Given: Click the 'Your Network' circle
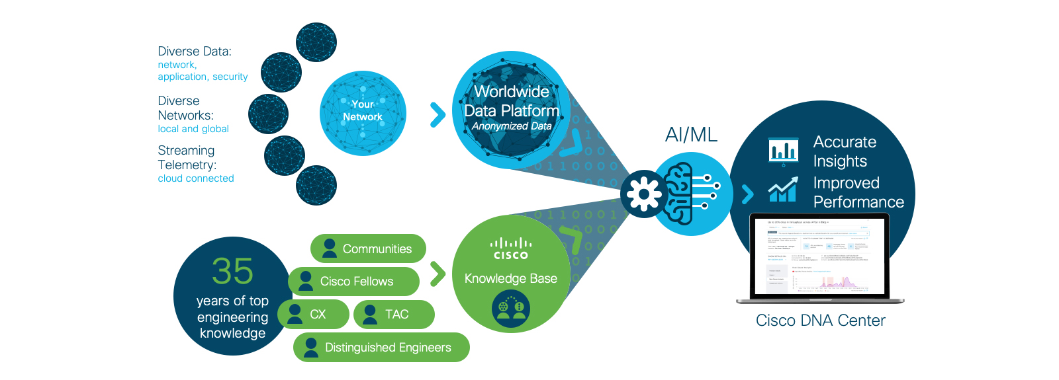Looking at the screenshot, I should point(363,114).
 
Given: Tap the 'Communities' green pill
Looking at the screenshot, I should point(368,248).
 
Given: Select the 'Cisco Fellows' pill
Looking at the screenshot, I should point(354,282).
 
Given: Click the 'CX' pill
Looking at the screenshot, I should point(313,314).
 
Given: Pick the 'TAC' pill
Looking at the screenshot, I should point(394,315).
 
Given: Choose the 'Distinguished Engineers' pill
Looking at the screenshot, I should point(381,348).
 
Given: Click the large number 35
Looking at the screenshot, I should point(232,271).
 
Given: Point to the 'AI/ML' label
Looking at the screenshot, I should point(691,135).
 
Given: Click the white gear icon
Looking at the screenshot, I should point(643,194).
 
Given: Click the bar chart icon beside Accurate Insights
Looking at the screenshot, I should point(783,151).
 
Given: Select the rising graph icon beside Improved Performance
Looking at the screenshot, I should point(782,191).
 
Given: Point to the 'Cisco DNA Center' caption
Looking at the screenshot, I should point(820,321).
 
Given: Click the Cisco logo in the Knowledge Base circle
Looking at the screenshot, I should point(510,248).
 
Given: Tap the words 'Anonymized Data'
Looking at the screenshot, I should point(512,126).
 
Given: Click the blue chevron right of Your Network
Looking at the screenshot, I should point(437,114).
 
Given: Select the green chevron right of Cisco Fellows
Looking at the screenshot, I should point(437,274).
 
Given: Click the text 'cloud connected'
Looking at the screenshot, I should point(196,178).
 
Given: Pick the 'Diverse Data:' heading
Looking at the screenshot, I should point(195,52).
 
